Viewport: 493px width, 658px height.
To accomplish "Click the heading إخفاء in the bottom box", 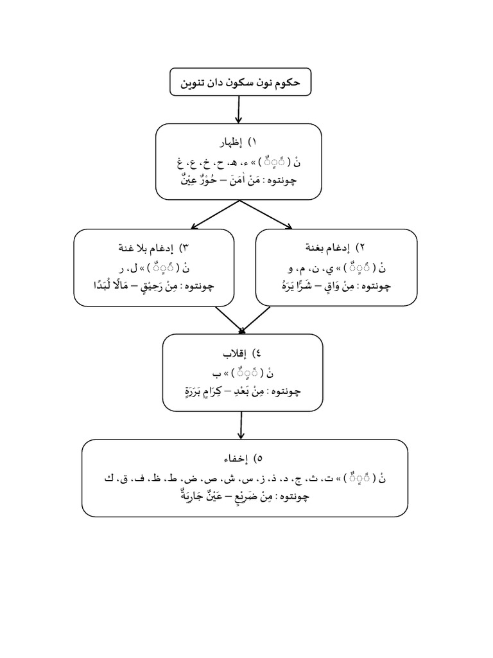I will [238, 458].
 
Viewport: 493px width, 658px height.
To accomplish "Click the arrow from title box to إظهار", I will [239, 110].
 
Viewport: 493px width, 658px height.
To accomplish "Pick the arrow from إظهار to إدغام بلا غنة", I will [215, 214].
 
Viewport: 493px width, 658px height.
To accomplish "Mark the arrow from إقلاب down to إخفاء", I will [241, 424].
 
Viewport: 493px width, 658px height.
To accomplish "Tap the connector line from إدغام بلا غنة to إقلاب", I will [228, 318].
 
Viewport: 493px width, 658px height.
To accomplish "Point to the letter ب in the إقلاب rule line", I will [217, 372].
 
